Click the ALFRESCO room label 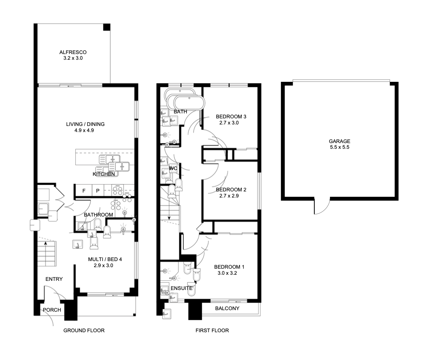(73, 52)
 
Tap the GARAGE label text (339, 141)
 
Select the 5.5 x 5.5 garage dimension (339, 147)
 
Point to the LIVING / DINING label (85, 124)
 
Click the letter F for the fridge (84, 191)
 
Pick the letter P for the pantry (98, 191)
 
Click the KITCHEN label (104, 174)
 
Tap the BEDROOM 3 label (231, 116)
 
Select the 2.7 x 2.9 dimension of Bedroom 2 (229, 196)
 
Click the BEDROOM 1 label (229, 267)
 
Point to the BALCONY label (227, 309)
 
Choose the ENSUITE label (182, 288)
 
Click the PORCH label (52, 310)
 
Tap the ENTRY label (54, 279)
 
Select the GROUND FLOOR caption (84, 330)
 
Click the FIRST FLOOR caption (212, 330)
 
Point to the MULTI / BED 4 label (105, 259)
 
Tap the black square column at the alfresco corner (107, 27)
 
